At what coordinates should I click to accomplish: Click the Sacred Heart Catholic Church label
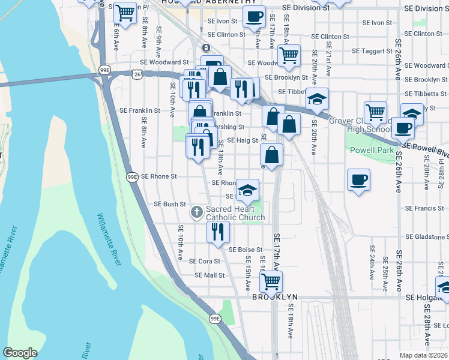point(235,212)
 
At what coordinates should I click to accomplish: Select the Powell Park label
point(372,150)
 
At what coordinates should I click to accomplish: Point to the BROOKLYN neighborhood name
point(275,297)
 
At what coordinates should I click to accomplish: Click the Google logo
point(20,353)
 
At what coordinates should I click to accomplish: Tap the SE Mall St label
point(209,275)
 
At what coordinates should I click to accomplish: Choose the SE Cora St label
point(205,261)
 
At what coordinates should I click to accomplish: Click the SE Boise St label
point(245,249)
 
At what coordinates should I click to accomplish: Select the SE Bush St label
point(170,204)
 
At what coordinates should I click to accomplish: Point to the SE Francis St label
point(424,208)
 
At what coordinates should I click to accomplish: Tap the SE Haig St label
point(242,140)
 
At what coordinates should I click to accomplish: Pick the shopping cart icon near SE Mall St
point(272,280)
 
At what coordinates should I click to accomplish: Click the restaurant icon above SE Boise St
point(218,231)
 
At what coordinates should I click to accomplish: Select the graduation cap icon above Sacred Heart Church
point(247,190)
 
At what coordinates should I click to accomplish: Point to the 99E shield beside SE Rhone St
point(133,176)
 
